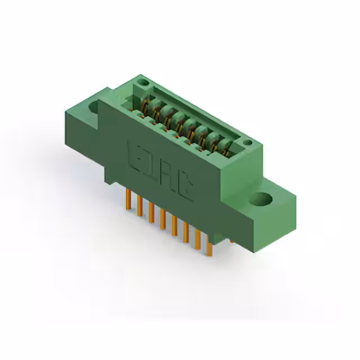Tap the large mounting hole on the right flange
(x=263, y=199)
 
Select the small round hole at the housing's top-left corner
(x=143, y=83)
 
